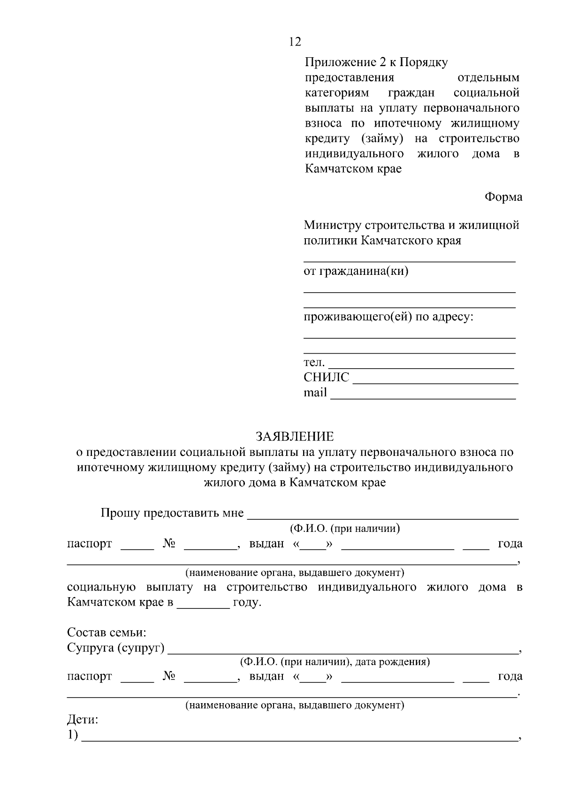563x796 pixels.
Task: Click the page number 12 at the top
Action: tap(295, 42)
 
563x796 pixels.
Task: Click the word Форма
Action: tap(503, 197)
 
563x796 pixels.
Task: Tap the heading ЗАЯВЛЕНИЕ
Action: tap(295, 437)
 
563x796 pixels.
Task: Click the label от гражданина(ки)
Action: tap(356, 271)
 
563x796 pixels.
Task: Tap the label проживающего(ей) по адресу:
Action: tap(388, 317)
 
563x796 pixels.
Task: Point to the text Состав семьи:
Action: tap(107, 632)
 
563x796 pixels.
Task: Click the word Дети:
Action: tap(83, 720)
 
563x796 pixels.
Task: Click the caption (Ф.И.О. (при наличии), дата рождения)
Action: tap(335, 662)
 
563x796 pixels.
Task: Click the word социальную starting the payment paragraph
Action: tap(101, 587)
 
